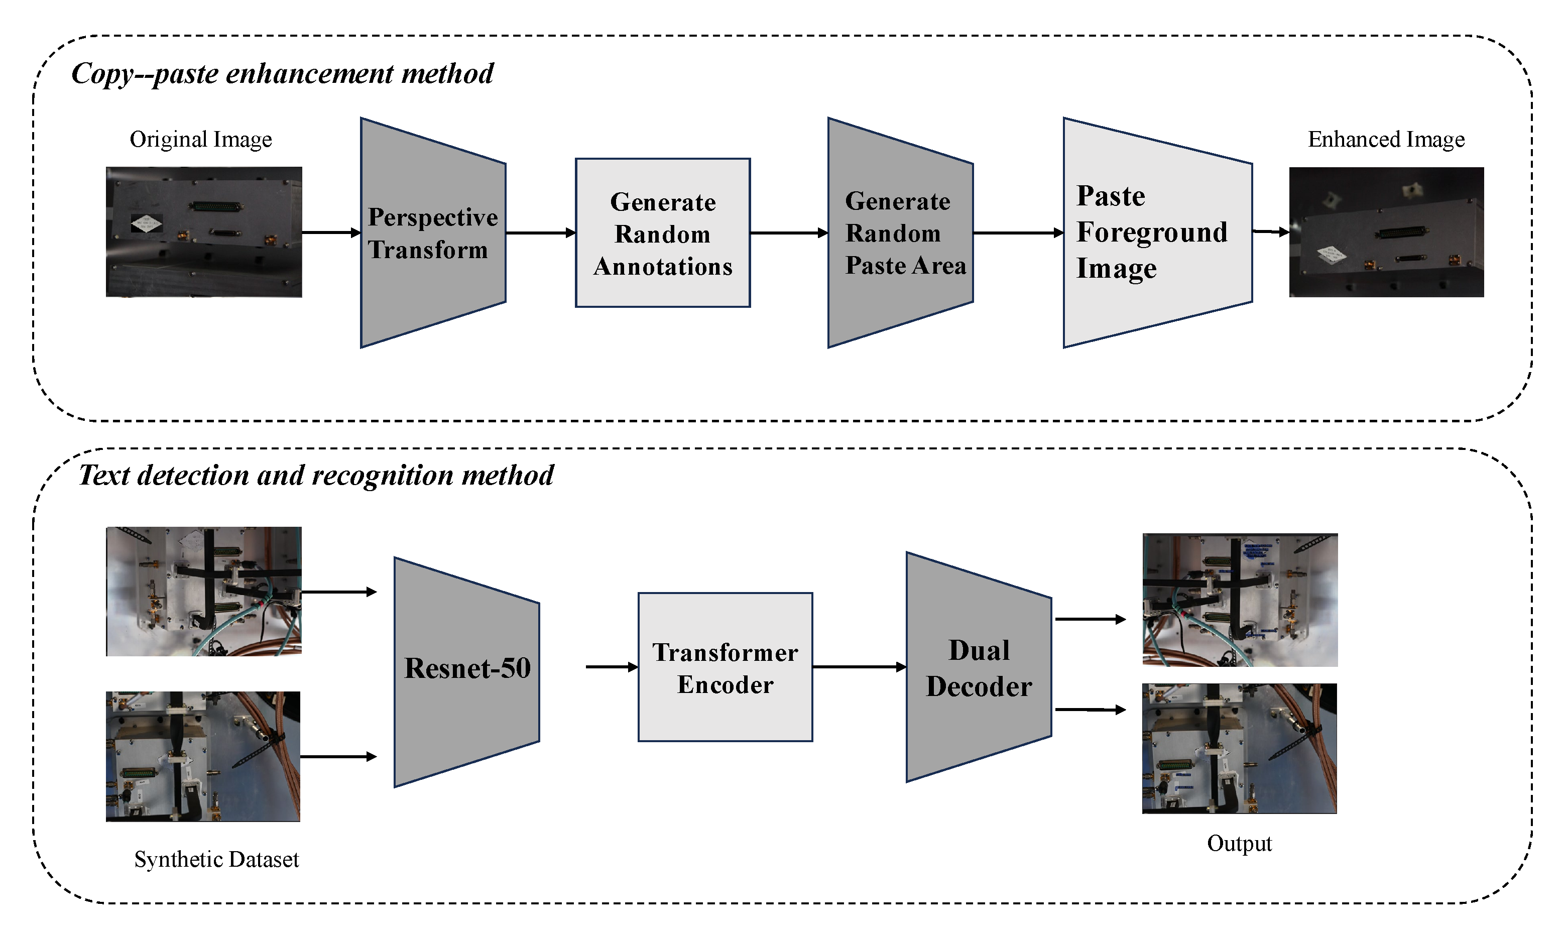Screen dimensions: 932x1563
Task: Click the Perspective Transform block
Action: pos(433,233)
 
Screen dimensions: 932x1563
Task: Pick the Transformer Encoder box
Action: pos(726,667)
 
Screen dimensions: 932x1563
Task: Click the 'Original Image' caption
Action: pos(200,140)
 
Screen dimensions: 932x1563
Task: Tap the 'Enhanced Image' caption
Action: pos(1386,140)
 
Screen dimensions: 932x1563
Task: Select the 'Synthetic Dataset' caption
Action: pos(216,860)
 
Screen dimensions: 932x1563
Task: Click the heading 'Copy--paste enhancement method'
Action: pos(282,74)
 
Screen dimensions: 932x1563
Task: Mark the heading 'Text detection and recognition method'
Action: pos(316,476)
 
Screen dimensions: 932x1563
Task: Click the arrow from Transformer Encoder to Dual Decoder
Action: pos(859,667)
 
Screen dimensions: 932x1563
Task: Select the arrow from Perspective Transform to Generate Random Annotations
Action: pos(540,233)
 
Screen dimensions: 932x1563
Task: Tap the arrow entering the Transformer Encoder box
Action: pos(612,667)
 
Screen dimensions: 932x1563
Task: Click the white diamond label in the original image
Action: pos(146,223)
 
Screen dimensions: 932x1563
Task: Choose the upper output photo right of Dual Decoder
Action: pos(1240,600)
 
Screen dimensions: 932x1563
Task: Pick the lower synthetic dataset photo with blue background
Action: pos(203,757)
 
